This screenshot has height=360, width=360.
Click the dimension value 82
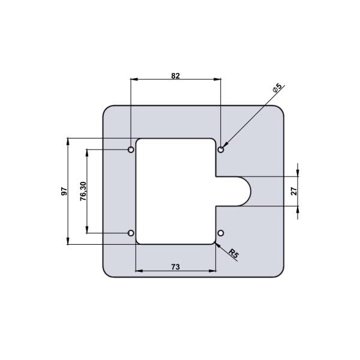coord(175,76)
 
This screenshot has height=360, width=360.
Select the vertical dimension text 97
coord(63,191)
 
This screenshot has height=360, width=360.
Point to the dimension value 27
coord(294,191)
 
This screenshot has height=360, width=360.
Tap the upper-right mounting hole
coord(221,149)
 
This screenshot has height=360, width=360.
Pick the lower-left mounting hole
coord(131,233)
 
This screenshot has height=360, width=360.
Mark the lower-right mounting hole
coord(221,233)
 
